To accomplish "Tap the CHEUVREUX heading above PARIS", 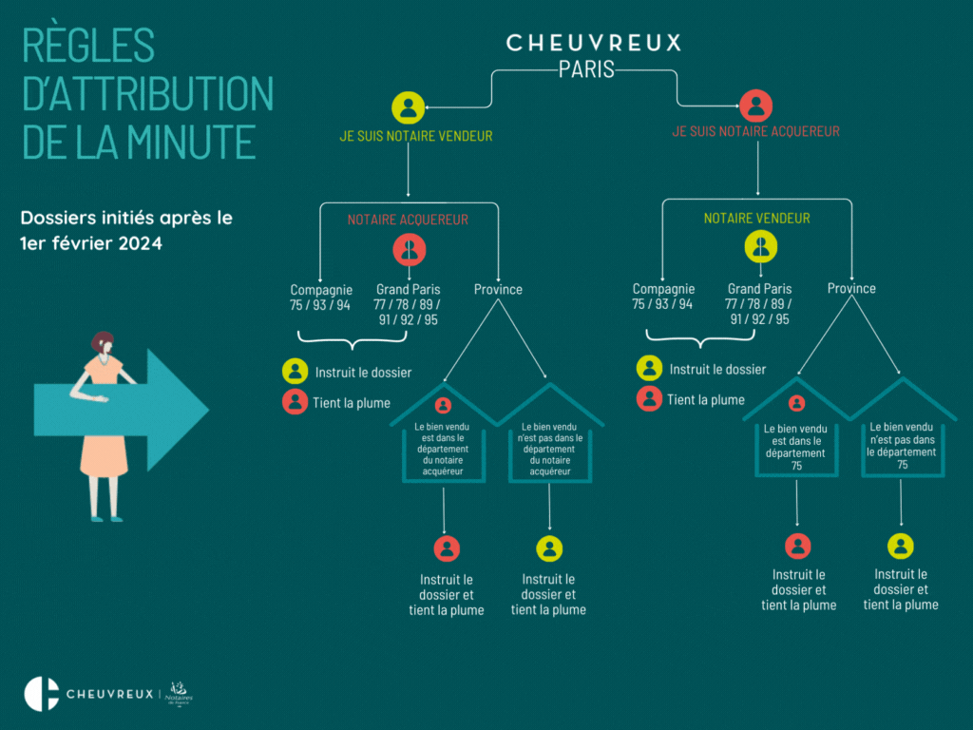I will coord(594,43).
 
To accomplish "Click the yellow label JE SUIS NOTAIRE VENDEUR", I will coord(416,136).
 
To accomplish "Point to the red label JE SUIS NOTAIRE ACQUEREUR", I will coord(755,131).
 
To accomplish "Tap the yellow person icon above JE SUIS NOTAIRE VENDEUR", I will coord(409,107).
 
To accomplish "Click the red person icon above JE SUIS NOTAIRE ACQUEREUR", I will coord(756,105).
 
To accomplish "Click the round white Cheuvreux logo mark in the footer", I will coord(42,694).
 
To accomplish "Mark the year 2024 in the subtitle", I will coord(141,242).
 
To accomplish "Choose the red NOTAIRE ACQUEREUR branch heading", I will coord(408,220).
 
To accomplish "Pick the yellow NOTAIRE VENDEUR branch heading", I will coord(756,219).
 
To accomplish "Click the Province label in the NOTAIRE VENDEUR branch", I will coord(851,288).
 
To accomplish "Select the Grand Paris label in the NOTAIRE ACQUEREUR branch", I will coord(408,289).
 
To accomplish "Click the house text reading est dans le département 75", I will coord(796,447).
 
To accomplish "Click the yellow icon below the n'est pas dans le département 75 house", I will coord(901,547).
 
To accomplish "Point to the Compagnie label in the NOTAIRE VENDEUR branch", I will coord(663,289).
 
